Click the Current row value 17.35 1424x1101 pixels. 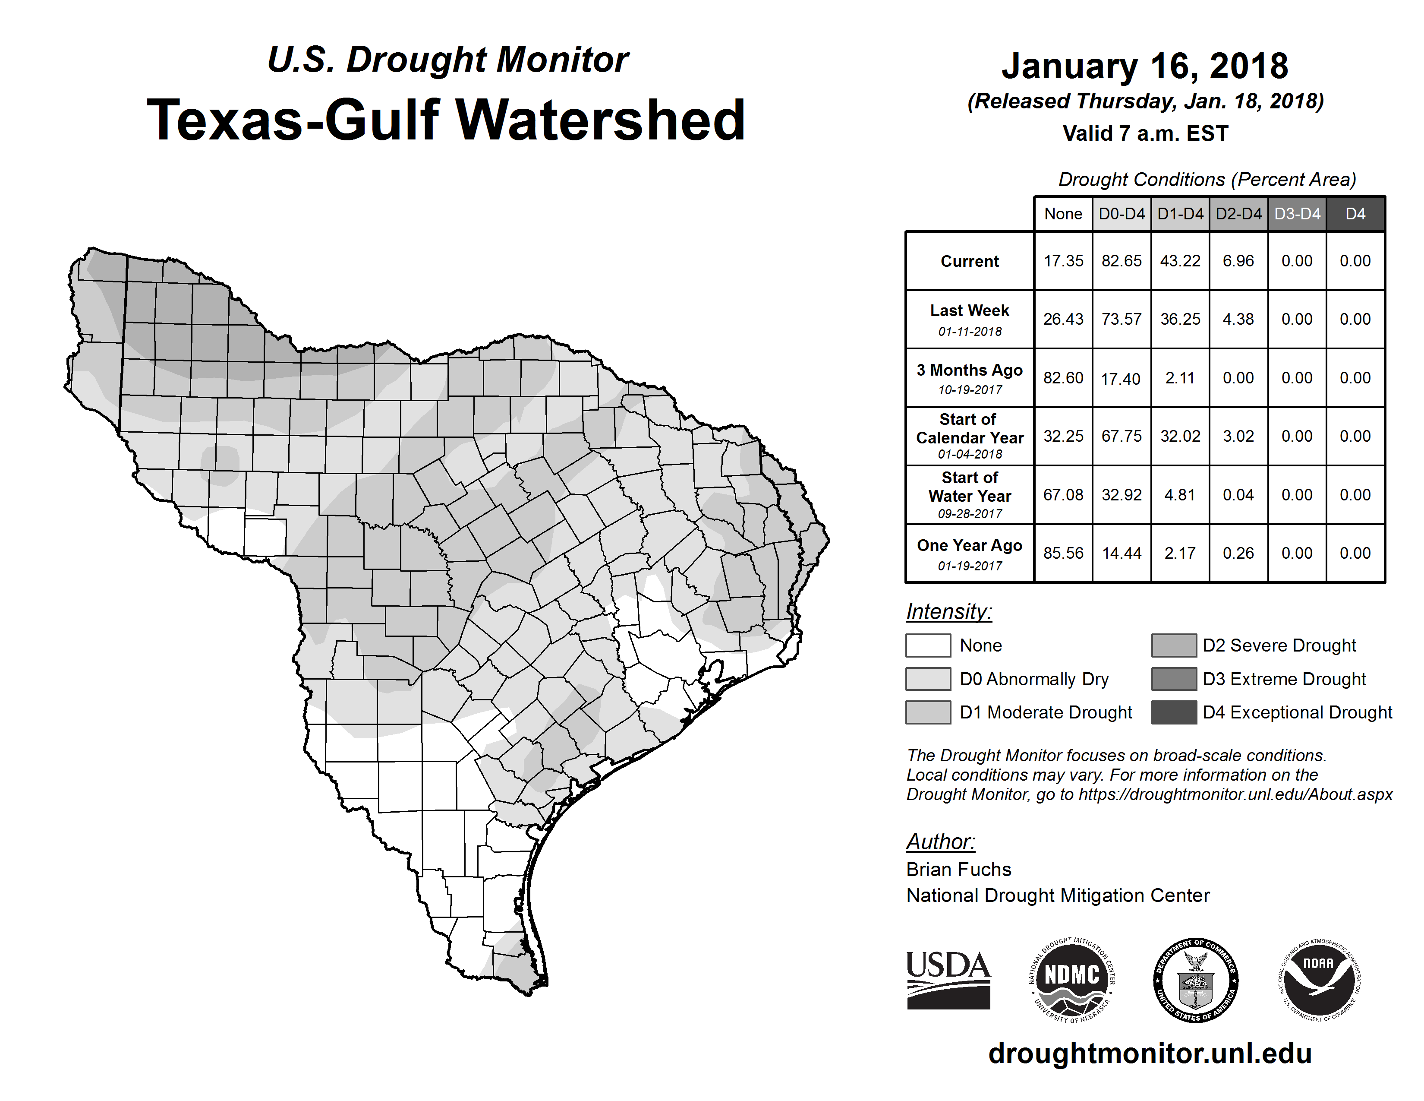(1063, 261)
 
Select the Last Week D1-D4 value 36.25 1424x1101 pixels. (1179, 319)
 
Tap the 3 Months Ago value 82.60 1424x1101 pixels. (1063, 378)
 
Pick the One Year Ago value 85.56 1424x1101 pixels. (1063, 553)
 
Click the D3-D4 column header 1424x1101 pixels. (1297, 214)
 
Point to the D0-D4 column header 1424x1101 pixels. (1122, 214)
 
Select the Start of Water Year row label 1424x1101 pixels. (970, 494)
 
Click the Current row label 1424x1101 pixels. (970, 261)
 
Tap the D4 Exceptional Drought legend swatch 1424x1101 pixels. (1174, 712)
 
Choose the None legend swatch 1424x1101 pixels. (928, 645)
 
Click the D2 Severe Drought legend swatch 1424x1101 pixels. (1174, 645)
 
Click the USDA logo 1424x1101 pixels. (948, 980)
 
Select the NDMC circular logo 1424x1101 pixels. (1072, 980)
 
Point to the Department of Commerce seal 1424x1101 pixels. (1195, 980)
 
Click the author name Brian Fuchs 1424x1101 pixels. (958, 870)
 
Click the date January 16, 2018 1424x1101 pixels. (1145, 66)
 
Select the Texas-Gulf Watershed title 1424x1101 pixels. (446, 120)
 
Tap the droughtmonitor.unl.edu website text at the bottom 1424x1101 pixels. (1150, 1054)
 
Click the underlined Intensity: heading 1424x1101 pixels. (948, 612)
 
